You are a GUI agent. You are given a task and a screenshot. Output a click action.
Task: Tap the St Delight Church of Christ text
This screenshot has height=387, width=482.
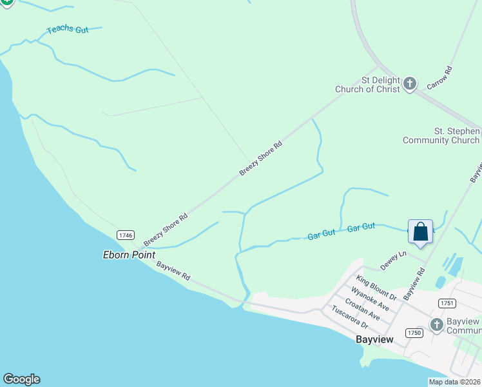pos(367,84)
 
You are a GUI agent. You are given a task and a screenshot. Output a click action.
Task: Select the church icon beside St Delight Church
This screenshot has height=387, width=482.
pos(410,83)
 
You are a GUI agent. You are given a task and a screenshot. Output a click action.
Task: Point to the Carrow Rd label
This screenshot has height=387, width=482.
pos(441,77)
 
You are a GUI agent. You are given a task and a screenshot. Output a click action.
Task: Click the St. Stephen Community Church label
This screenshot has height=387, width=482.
pos(441,135)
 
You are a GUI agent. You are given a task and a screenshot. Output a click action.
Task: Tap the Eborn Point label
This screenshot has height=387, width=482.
pos(129,255)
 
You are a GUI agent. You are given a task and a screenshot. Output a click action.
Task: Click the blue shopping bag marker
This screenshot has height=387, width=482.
pos(420,233)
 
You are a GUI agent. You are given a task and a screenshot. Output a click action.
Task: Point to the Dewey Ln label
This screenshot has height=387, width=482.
pos(393,261)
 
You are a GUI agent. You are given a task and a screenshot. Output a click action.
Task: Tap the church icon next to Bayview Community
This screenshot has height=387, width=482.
pos(437,324)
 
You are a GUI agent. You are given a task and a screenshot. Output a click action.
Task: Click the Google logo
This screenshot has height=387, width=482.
pos(21,379)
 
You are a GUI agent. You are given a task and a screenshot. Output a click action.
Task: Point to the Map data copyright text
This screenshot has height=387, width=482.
pos(454,382)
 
